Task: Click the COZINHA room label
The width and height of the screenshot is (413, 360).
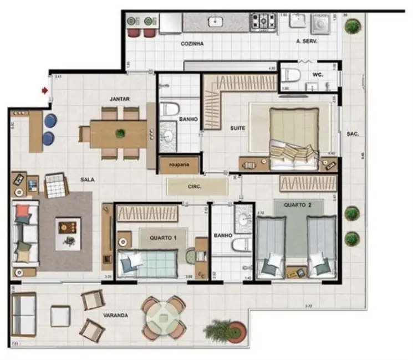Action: click(192, 43)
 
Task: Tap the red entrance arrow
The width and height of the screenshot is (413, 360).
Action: click(44, 89)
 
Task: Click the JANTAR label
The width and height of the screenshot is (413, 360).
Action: click(119, 99)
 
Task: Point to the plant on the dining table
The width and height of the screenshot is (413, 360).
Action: click(120, 133)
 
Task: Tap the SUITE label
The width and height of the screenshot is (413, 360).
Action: click(238, 128)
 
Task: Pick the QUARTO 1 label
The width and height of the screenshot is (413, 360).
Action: click(162, 238)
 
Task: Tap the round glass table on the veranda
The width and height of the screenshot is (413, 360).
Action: click(163, 317)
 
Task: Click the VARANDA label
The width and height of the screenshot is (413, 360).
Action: click(116, 315)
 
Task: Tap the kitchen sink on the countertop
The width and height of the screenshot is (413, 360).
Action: click(214, 22)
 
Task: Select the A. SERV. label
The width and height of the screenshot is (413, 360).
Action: click(307, 41)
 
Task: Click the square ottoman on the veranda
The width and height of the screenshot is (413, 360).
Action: click(60, 316)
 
